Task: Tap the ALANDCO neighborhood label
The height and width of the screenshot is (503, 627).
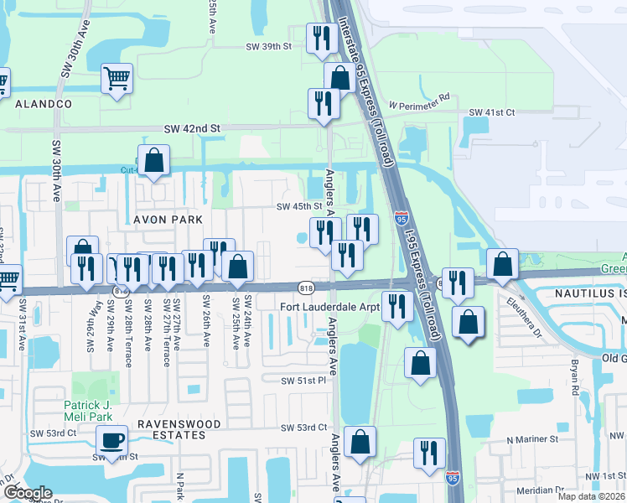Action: (43, 103)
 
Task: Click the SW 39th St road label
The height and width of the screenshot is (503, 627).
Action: (268, 47)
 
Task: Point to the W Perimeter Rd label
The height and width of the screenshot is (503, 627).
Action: (419, 96)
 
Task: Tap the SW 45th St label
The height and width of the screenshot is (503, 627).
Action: (300, 206)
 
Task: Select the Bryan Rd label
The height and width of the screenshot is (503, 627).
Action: (575, 378)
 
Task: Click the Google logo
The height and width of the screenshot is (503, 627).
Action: (28, 492)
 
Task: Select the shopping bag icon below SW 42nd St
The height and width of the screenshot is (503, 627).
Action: (154, 160)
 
